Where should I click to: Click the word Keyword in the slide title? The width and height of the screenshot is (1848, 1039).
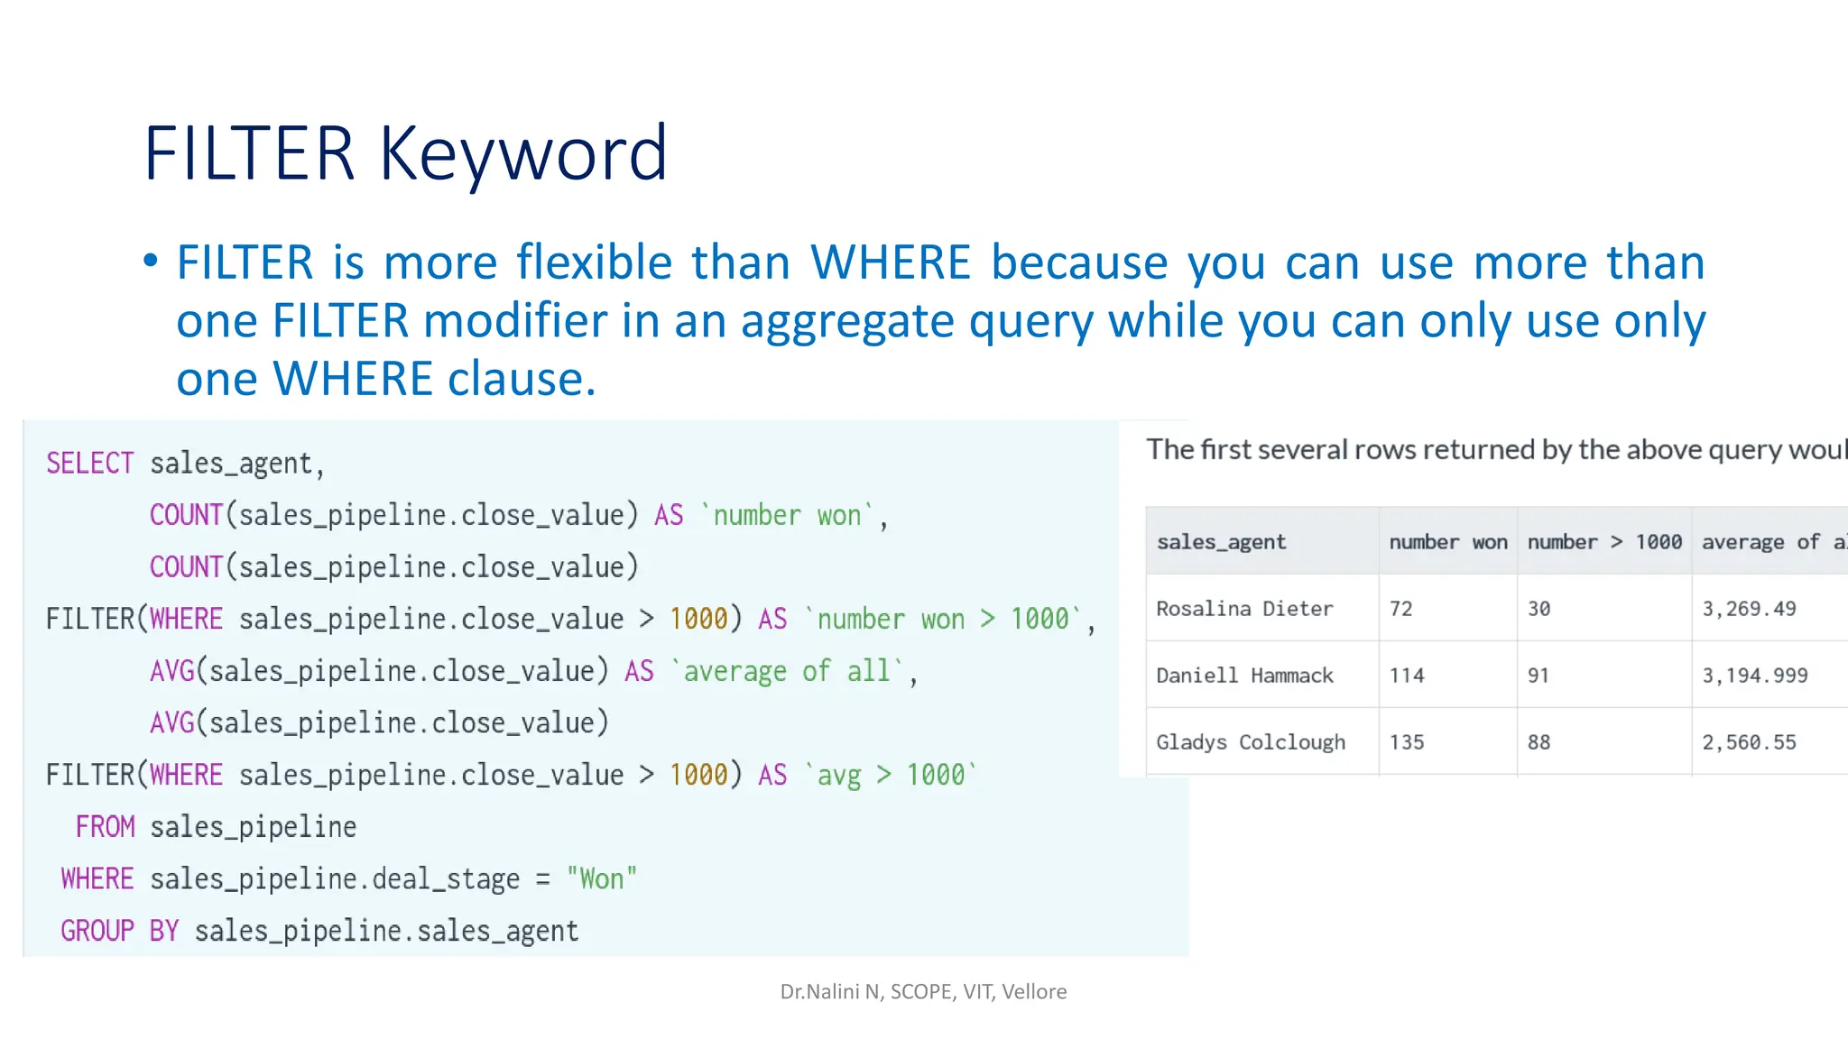pyautogui.click(x=523, y=153)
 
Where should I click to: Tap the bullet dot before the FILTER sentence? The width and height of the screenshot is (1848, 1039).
pyautogui.click(x=151, y=262)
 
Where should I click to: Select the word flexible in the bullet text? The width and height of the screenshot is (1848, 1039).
pyautogui.click(x=595, y=262)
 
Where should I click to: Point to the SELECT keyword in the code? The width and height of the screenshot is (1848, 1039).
pyautogui.click(x=90, y=464)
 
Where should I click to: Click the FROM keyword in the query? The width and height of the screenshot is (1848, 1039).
pyautogui.click(x=105, y=827)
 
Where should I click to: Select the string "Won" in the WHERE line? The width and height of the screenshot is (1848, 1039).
pyautogui.click(x=602, y=879)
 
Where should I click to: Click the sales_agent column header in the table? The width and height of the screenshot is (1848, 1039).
pyautogui.click(x=1221, y=542)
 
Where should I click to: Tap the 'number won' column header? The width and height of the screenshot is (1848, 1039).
pyautogui.click(x=1447, y=542)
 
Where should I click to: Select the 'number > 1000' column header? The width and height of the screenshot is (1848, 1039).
pyautogui.click(x=1604, y=542)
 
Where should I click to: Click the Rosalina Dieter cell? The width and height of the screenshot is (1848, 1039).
pyautogui.click(x=1244, y=609)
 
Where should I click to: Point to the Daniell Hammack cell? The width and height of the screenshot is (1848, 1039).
pyautogui.click(x=1244, y=676)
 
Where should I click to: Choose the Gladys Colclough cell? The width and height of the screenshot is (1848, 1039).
pyautogui.click(x=1251, y=742)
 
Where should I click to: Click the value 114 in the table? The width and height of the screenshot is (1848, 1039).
pyautogui.click(x=1407, y=676)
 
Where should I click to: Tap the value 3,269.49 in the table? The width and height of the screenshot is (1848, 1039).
pyautogui.click(x=1749, y=609)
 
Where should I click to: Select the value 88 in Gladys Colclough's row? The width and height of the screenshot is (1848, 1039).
pyautogui.click(x=1538, y=742)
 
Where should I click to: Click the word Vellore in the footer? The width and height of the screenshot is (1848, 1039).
pyautogui.click(x=1034, y=992)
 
